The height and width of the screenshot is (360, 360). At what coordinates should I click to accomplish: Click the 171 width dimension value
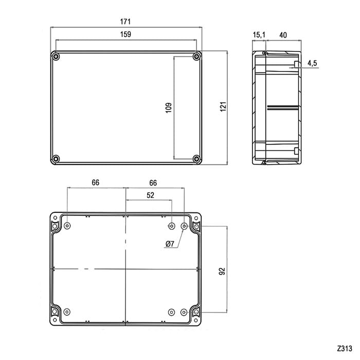(x=125, y=22)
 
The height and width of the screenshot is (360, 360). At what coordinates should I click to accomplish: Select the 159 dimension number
(x=125, y=34)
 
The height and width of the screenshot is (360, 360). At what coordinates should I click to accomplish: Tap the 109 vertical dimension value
(x=169, y=107)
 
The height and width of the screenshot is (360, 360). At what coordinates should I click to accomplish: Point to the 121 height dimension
(x=223, y=106)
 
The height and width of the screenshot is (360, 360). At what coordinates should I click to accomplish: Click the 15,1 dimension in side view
(x=259, y=34)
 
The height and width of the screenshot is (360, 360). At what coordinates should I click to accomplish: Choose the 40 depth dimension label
(x=283, y=35)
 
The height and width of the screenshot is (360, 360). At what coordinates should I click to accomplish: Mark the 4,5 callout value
(x=312, y=63)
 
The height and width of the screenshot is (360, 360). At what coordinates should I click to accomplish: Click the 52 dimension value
(x=150, y=195)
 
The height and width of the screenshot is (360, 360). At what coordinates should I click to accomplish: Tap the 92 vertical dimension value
(x=222, y=271)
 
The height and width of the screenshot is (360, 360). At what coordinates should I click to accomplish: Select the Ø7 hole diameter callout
(x=170, y=244)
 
